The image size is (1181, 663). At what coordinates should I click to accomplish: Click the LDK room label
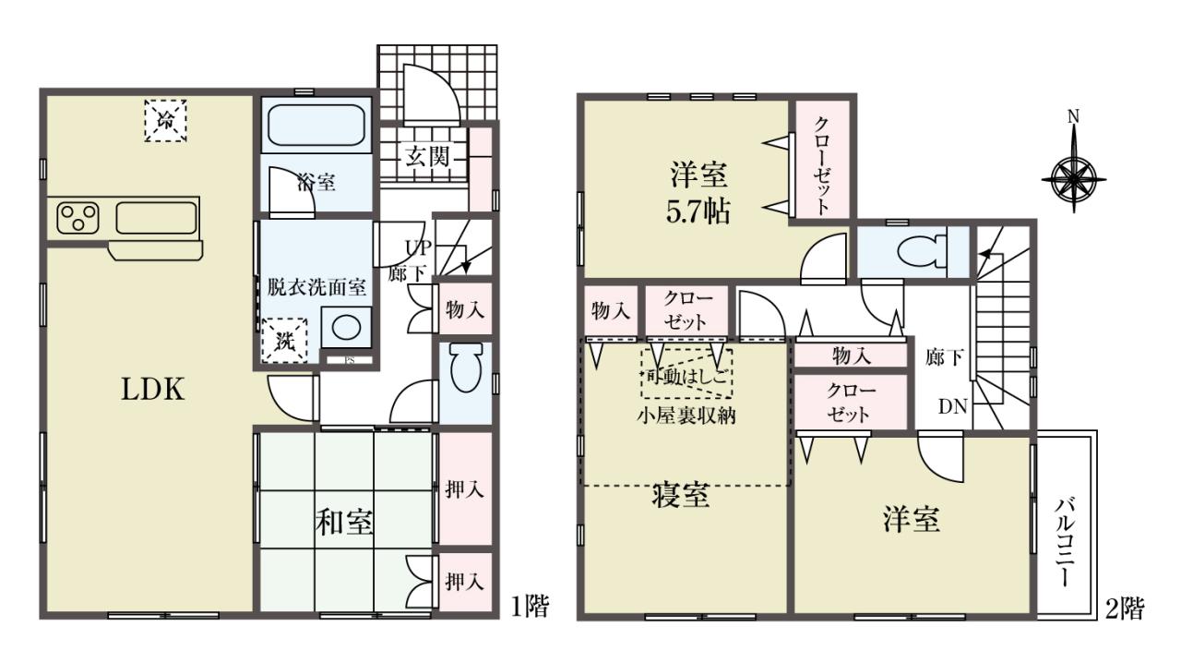[x=153, y=390]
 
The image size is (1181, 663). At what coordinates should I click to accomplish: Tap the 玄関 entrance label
[x=427, y=156]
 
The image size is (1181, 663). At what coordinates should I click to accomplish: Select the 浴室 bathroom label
[x=316, y=183]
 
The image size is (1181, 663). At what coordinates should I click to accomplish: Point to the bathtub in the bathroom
[x=316, y=125]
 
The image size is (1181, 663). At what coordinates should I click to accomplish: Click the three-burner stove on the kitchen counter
[x=78, y=217]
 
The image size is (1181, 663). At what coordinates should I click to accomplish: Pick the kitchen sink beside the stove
[x=156, y=217]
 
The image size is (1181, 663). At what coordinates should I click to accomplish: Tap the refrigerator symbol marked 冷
[x=165, y=120]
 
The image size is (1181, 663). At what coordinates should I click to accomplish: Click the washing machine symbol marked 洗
[x=285, y=341]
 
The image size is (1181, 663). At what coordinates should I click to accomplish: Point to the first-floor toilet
[x=466, y=368]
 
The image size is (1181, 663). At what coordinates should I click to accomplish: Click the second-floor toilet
[x=923, y=252]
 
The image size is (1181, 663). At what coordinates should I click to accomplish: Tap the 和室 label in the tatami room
[x=344, y=523]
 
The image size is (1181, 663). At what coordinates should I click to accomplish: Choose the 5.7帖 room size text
[x=698, y=212]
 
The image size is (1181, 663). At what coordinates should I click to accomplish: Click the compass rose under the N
[x=1074, y=180]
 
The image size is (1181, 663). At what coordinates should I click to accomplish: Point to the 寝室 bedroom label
[x=681, y=496]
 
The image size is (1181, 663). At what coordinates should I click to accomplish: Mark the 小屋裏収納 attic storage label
[x=686, y=416]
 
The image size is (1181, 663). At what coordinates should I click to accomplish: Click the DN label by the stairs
[x=953, y=406]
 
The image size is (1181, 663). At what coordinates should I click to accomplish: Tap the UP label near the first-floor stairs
[x=418, y=247]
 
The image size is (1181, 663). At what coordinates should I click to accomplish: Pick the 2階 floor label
[x=1125, y=609]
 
